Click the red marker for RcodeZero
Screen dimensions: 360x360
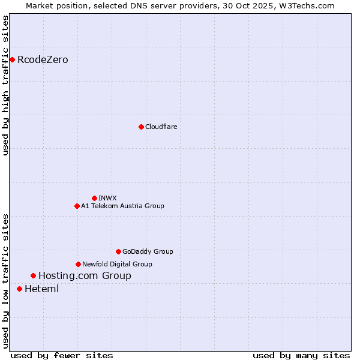12,59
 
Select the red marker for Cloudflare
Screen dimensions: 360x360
141,127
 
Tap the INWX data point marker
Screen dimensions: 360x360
94,198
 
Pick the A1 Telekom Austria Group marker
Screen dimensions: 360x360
77,206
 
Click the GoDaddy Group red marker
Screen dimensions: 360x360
118,251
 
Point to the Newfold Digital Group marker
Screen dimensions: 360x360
78,264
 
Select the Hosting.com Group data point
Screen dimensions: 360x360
33,276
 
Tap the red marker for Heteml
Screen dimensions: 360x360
19,289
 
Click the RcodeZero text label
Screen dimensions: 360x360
43,59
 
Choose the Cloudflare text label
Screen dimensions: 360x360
161,127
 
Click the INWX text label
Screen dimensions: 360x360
107,198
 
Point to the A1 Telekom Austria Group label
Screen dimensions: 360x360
122,206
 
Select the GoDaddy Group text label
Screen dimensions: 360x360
147,251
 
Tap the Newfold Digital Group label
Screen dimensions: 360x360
117,264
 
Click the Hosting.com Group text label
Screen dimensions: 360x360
85,276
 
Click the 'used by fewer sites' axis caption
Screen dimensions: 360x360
62,355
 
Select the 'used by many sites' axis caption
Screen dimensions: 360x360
301,355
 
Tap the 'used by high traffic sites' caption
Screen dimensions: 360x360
5,86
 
